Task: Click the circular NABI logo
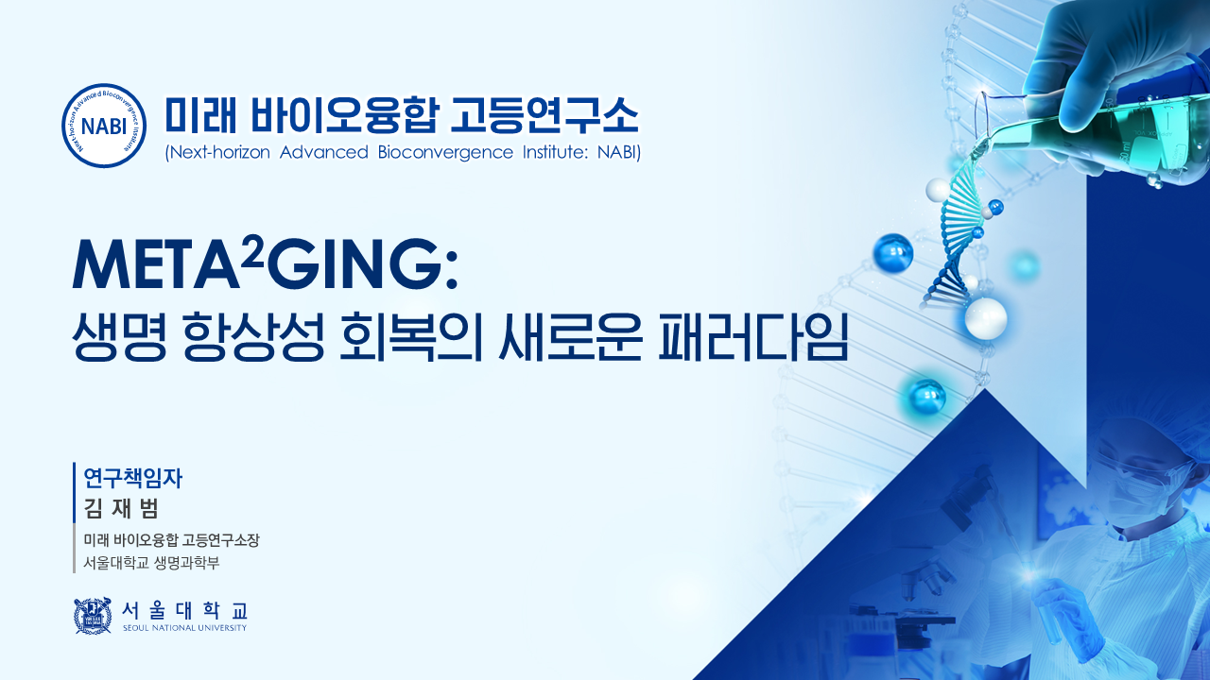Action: pyautogui.click(x=104, y=126)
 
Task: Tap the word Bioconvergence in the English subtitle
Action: pyautogui.click(x=445, y=152)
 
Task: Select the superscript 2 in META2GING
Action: pyautogui.click(x=251, y=255)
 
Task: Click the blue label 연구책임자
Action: pyautogui.click(x=133, y=478)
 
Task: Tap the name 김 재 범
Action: pyautogui.click(x=121, y=508)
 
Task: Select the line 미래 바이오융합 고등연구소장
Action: pyautogui.click(x=171, y=539)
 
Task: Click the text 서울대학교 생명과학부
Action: pyautogui.click(x=151, y=563)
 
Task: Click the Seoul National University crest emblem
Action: pyautogui.click(x=93, y=615)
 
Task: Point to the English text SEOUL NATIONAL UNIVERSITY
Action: pyautogui.click(x=184, y=628)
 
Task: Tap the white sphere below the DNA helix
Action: pyautogui.click(x=986, y=318)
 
